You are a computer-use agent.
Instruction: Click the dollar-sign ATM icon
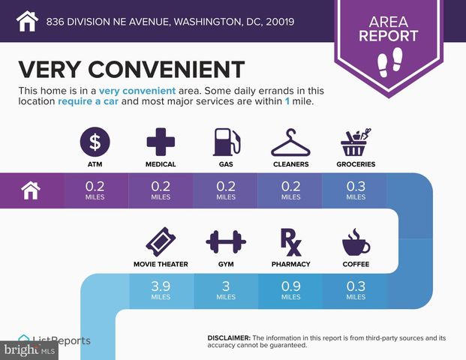95,140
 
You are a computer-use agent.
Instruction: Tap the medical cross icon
160,140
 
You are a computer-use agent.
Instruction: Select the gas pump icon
224,140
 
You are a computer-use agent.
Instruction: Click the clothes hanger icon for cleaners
289,140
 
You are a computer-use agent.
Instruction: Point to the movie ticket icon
160,242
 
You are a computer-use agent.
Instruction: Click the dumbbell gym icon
225,242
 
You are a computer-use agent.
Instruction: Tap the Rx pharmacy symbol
290,241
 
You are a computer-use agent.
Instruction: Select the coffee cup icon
355,242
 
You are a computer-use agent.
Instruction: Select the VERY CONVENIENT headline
131,68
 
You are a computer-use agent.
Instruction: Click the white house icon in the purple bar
32,190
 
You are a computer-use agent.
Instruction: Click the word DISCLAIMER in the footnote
228,338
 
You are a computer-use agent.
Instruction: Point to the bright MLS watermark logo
29,350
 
